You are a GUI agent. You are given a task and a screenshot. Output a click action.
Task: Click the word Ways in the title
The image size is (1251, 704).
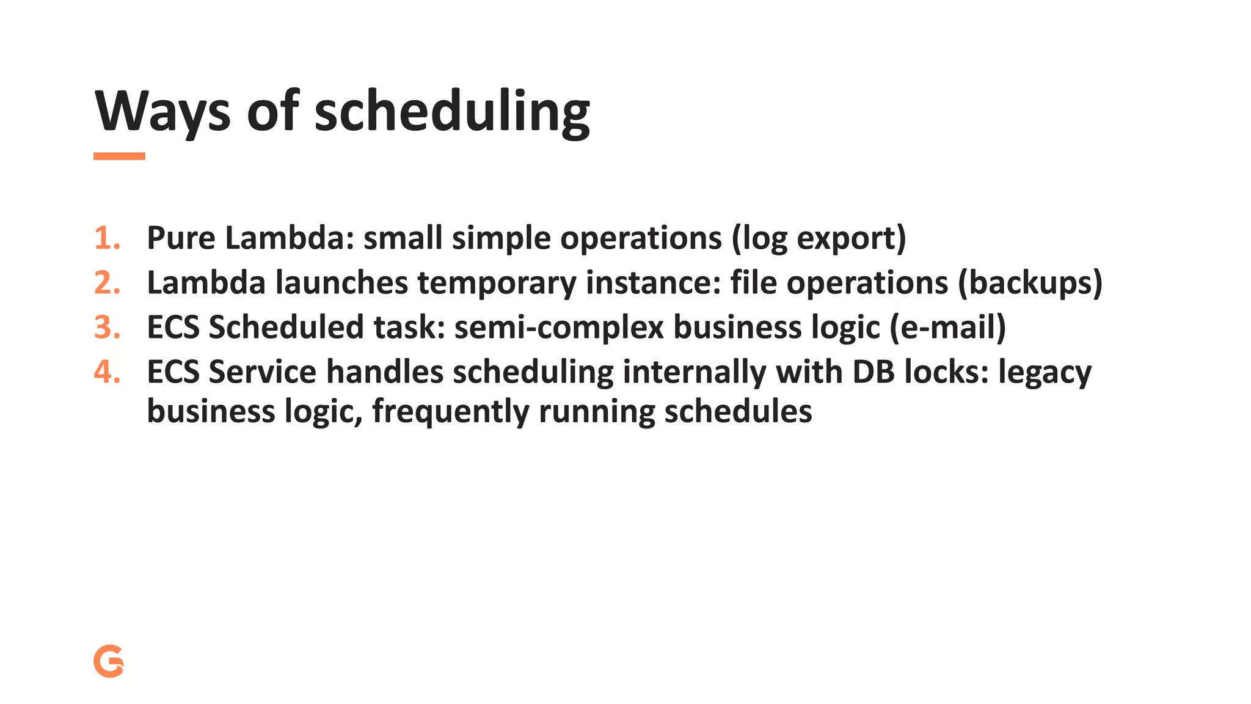pos(162,112)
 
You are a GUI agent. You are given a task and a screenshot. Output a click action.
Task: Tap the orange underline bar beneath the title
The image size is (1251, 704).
pos(119,156)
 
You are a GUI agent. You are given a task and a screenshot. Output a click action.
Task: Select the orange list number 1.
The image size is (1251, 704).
pos(106,238)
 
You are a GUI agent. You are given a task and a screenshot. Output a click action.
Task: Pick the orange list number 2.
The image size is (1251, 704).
pos(107,283)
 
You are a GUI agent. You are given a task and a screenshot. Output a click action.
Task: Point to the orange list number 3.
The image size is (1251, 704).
pos(107,328)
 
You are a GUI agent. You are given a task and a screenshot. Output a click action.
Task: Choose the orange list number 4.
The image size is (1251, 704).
pos(107,372)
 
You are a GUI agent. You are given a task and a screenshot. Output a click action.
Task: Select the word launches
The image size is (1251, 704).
pos(341,283)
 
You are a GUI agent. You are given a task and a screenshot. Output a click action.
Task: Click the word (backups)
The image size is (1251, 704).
pos(1030,283)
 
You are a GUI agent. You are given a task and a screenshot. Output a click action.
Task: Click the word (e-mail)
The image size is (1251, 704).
pos(947,328)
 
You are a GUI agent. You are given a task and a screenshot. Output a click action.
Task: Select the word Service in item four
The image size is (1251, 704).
pos(263,372)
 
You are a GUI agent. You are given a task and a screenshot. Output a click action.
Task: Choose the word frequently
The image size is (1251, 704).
pos(450,412)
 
